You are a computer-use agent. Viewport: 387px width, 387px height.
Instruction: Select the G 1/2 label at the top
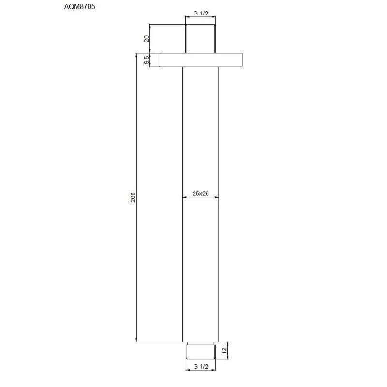[x=201, y=14]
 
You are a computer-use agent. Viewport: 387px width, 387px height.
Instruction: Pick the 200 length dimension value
[x=134, y=197]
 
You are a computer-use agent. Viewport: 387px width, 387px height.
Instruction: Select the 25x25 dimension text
[x=200, y=193]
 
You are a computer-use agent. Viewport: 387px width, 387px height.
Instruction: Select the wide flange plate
[x=201, y=60]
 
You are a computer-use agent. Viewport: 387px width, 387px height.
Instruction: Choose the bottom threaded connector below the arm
[x=201, y=350]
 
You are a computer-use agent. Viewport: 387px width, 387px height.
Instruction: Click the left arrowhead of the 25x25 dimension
[x=185, y=197]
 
